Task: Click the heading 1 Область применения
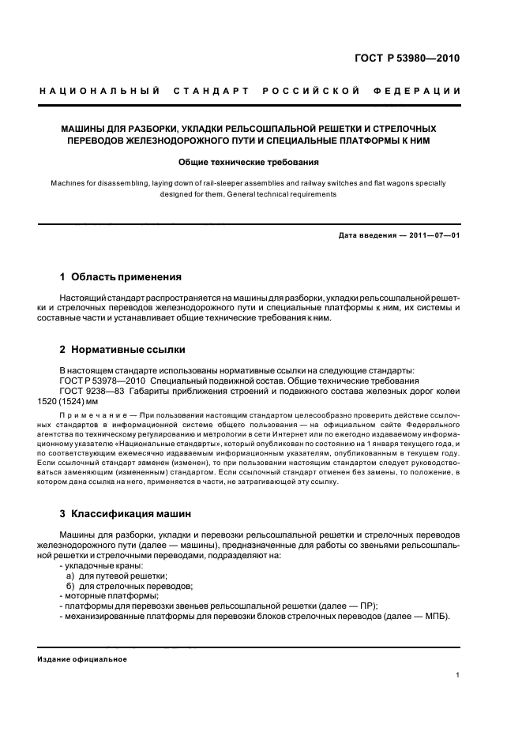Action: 121,277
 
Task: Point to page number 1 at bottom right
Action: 458,674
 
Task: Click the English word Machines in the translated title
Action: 69,183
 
